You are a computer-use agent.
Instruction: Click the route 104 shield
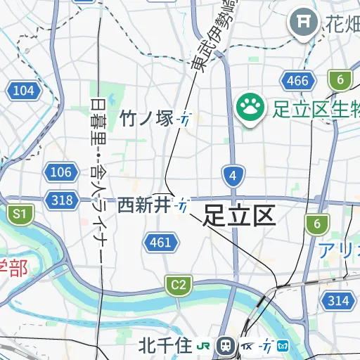tap(23, 90)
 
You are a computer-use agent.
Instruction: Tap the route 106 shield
tap(61, 172)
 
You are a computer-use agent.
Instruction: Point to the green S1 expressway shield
tap(20, 214)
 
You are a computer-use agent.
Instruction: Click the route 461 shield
tap(160, 243)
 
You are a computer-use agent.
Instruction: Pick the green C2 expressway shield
tap(179, 285)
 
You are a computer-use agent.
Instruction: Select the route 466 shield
tap(297, 81)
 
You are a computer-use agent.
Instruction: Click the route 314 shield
tap(337, 301)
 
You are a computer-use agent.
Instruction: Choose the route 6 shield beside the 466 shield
tap(340, 79)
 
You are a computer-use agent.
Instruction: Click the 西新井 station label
tap(144, 205)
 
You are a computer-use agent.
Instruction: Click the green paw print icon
tap(250, 108)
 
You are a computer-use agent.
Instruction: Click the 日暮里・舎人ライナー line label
tap(98, 183)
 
